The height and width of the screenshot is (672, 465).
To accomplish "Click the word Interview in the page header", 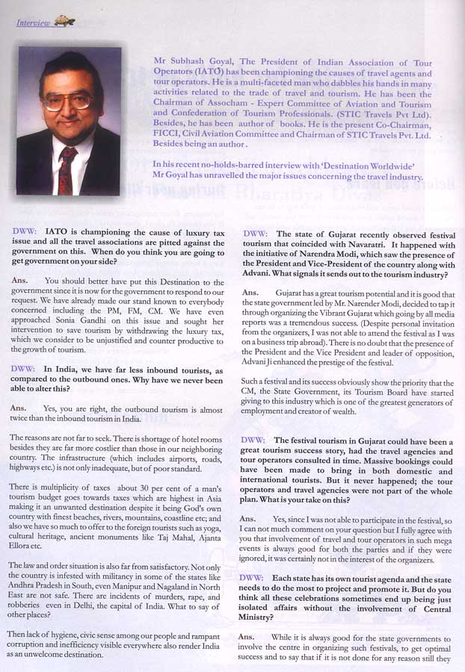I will (31, 23).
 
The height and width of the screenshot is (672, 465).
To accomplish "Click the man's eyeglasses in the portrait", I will (68, 99).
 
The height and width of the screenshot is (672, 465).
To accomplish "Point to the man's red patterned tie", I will (67, 169).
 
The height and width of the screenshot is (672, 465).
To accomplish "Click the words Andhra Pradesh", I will (40, 576).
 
